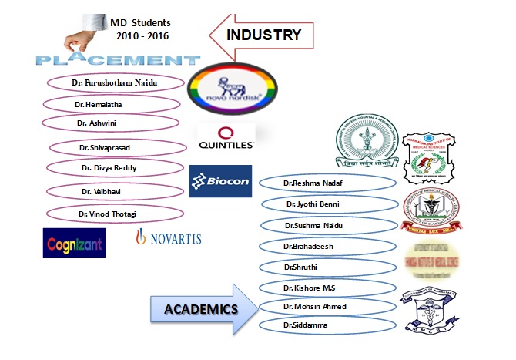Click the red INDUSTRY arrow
pyautogui.click(x=262, y=35)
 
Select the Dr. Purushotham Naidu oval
pyautogui.click(x=116, y=82)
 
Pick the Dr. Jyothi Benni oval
pyautogui.click(x=329, y=204)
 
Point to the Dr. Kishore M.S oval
pyautogui.click(x=326, y=287)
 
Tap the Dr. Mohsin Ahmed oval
pyautogui.click(x=327, y=307)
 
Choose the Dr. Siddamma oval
pyautogui.click(x=327, y=327)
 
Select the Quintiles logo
pyautogui.click(x=226, y=137)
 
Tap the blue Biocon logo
pyautogui.click(x=220, y=181)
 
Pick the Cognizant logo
pyautogui.click(x=75, y=242)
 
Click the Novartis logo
pyautogui.click(x=169, y=239)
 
